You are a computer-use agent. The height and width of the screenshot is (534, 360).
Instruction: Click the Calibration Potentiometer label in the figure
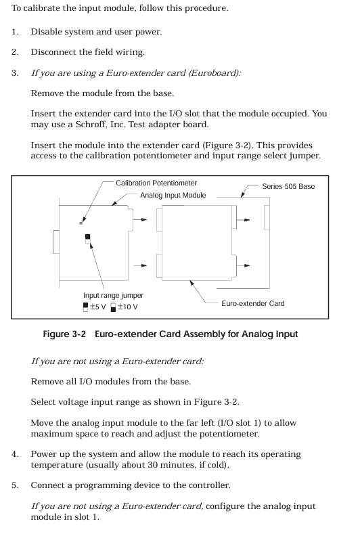pos(156,183)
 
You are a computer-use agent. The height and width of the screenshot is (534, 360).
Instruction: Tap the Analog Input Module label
pos(173,196)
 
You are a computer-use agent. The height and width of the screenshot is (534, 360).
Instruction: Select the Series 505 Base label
pos(288,186)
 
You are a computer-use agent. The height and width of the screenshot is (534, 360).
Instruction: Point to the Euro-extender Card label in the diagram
pos(252,303)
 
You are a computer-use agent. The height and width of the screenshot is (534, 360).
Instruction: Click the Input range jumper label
pos(113,296)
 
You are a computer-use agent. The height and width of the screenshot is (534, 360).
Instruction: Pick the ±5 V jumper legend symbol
pos(85,307)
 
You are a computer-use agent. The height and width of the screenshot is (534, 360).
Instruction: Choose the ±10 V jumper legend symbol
pos(114,307)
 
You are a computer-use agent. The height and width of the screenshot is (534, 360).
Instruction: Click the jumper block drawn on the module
pos(88,239)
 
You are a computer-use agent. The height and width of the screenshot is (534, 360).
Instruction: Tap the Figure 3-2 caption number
pos(64,334)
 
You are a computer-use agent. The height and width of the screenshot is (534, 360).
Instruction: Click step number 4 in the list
pos(15,454)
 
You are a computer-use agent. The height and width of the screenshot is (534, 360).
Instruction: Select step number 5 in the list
pos(15,485)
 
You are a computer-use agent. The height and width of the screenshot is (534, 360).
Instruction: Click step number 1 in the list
pos(15,32)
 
